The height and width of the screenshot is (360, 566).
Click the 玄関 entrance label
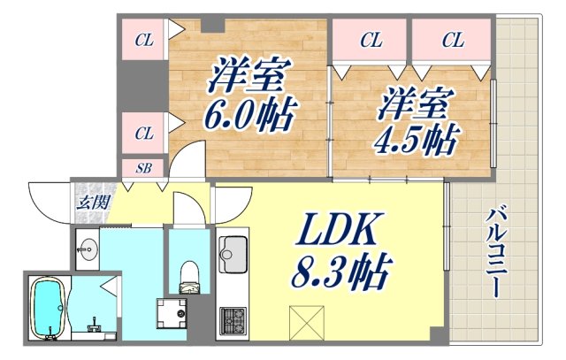[88, 201]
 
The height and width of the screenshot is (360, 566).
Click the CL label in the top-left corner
[143, 39]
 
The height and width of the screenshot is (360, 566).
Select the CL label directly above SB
[143, 134]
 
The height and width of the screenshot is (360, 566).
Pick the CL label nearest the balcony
[452, 39]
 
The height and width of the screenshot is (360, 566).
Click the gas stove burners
[233, 320]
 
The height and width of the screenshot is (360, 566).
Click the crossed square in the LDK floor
[303, 319]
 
